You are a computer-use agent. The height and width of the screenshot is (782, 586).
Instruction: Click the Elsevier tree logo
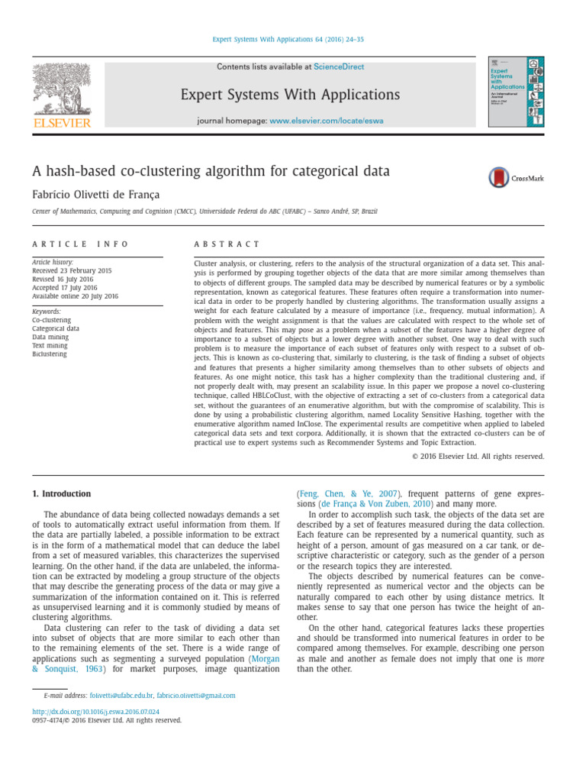[61, 89]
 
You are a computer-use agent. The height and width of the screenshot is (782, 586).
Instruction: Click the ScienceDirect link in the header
[340, 67]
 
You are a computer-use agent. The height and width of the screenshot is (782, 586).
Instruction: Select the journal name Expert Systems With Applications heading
[290, 95]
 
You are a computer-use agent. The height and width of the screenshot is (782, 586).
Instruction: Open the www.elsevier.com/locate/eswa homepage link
[327, 121]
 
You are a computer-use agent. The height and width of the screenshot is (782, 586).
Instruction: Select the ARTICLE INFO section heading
[80, 244]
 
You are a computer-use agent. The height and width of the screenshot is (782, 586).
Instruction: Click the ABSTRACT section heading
[227, 244]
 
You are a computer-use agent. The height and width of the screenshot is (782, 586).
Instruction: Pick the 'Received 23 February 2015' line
[72, 270]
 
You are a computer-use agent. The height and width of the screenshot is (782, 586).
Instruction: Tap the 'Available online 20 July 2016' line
[75, 296]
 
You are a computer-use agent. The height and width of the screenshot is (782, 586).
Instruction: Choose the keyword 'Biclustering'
[50, 354]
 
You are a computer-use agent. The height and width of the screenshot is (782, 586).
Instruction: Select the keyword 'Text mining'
[50, 345]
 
